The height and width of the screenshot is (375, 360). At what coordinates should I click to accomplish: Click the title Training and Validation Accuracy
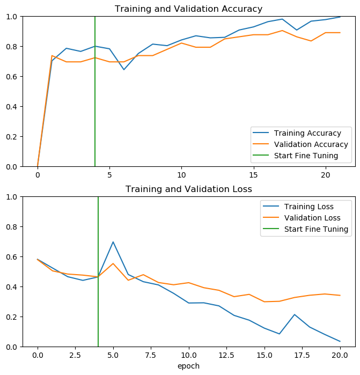pyautogui.click(x=188, y=9)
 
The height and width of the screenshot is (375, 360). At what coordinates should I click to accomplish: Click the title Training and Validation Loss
pyautogui.click(x=188, y=189)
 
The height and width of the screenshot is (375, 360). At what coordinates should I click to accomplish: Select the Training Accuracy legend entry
pyautogui.click(x=307, y=133)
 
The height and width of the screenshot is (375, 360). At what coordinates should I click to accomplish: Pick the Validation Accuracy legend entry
pyautogui.click(x=311, y=144)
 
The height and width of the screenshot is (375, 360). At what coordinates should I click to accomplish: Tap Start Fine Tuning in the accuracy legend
pyautogui.click(x=306, y=156)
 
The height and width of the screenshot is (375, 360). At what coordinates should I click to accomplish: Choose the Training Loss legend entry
pyautogui.click(x=308, y=207)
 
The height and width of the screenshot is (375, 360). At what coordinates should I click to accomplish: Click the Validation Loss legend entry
pyautogui.click(x=312, y=218)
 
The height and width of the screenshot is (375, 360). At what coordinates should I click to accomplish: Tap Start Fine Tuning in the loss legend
pyautogui.click(x=316, y=229)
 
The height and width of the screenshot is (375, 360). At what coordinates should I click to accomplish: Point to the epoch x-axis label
pyautogui.click(x=188, y=366)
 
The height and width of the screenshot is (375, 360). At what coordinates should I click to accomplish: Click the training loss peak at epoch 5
pyautogui.click(x=113, y=242)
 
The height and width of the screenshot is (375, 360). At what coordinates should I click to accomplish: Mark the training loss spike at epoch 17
pyautogui.click(x=295, y=314)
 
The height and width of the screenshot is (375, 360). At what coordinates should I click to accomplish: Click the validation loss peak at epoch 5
pyautogui.click(x=113, y=263)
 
